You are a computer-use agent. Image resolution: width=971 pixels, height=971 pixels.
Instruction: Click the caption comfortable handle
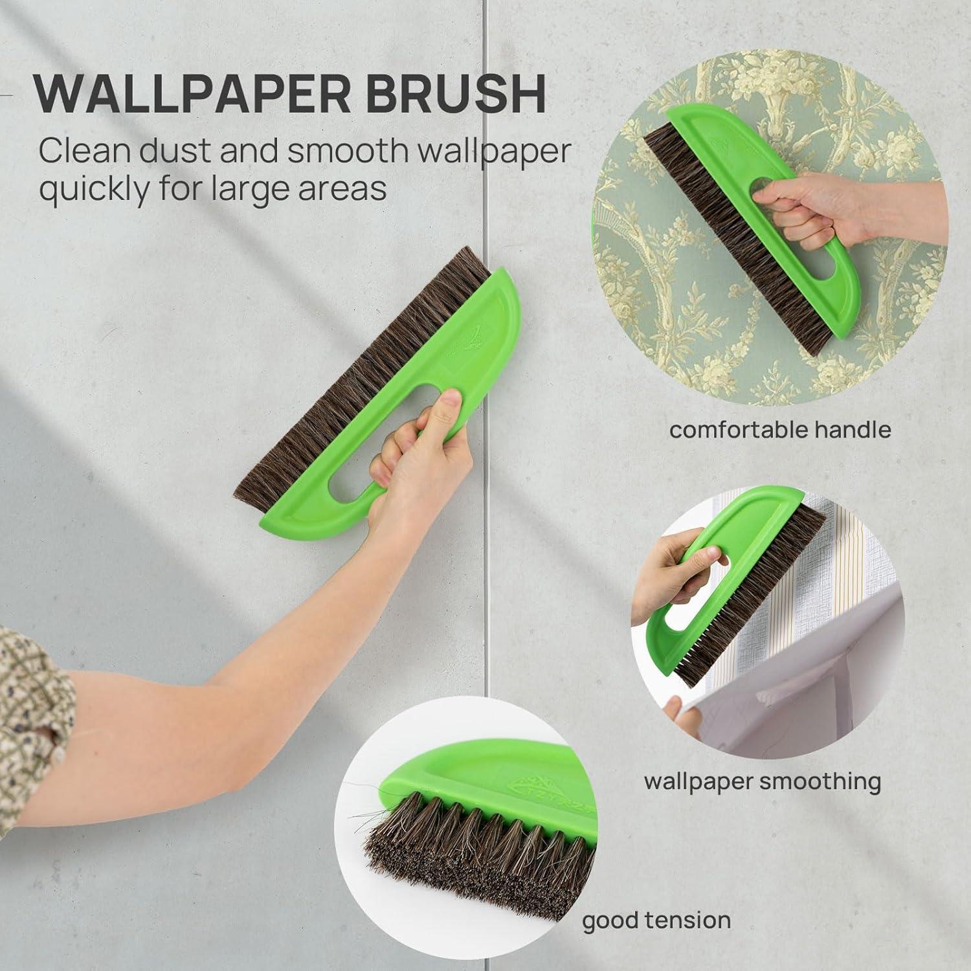[780, 429]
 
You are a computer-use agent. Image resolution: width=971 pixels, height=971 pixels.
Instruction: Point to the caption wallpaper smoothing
[762, 781]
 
